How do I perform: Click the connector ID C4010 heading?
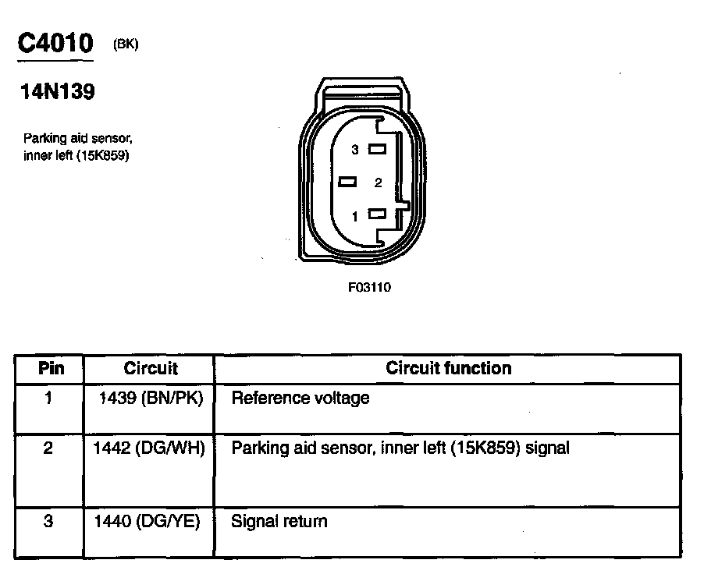55,42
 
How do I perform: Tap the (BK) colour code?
126,44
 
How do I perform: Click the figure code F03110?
369,287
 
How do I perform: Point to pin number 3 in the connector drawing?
355,149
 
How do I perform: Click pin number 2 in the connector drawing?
378,182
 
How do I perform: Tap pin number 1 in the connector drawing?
355,216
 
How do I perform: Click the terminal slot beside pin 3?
379,149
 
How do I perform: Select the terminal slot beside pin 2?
348,182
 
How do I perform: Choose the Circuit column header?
151,368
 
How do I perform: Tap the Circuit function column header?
449,368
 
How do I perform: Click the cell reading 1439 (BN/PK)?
151,399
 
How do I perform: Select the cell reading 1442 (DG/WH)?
148,448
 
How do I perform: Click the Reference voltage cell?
300,399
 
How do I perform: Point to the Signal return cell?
279,521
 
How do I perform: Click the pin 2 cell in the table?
48,449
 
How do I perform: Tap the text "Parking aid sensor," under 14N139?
78,139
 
